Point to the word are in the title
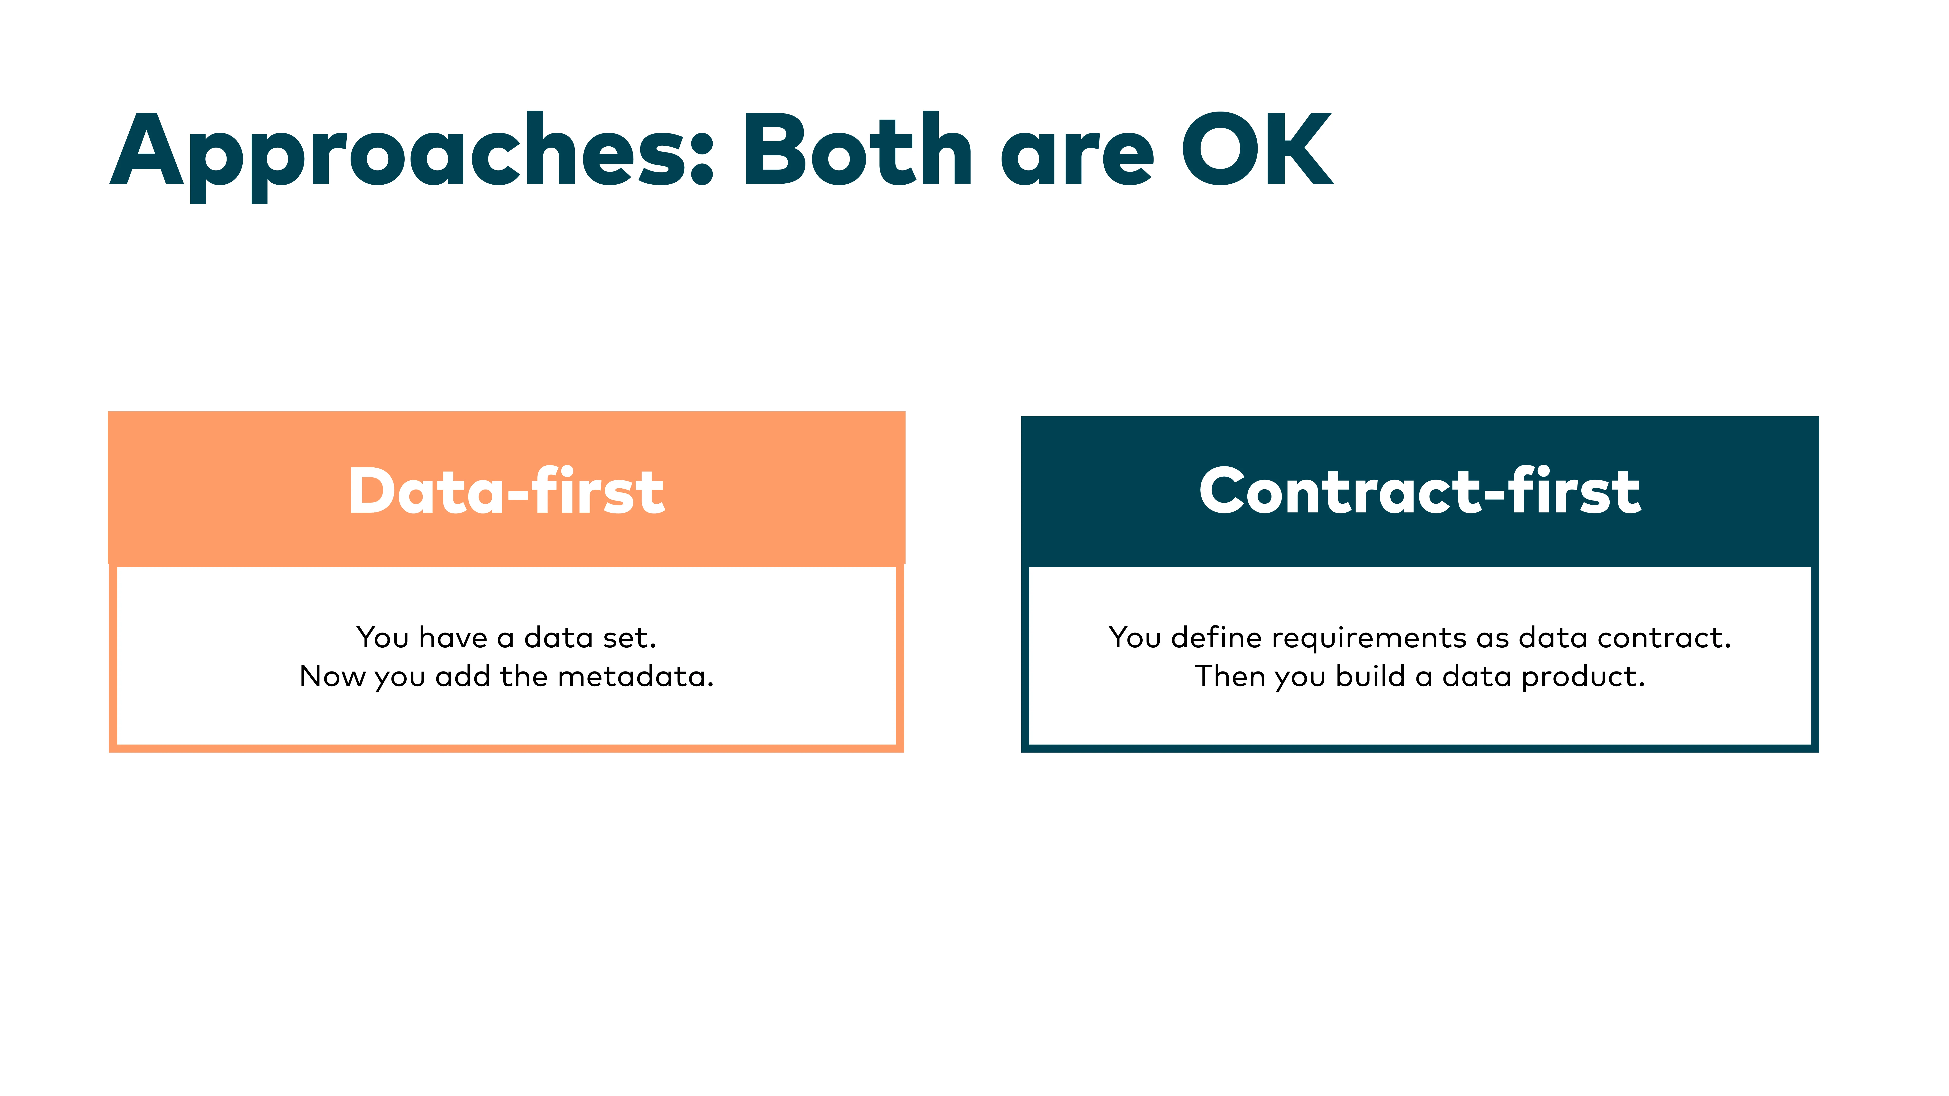pyautogui.click(x=1077, y=159)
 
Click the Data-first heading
pyautogui.click(x=506, y=492)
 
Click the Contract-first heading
pyautogui.click(x=1419, y=492)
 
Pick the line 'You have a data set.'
pyautogui.click(x=506, y=638)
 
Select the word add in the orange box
pyautogui.click(x=463, y=676)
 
